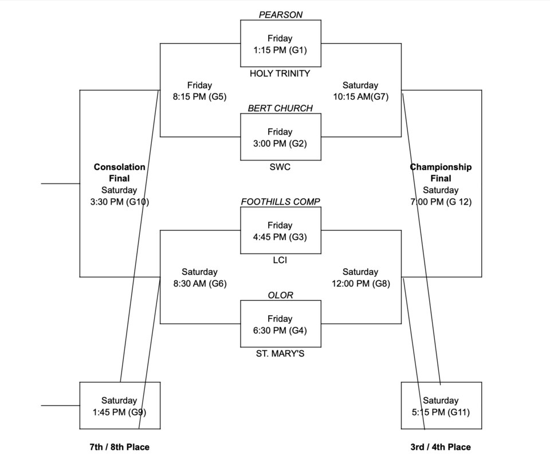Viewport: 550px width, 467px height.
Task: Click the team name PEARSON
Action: click(280, 15)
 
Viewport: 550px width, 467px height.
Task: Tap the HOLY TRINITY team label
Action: click(280, 73)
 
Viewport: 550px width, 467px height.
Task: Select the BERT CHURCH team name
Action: click(280, 108)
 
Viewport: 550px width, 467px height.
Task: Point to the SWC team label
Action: click(280, 167)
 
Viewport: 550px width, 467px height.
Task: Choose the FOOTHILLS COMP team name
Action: click(280, 202)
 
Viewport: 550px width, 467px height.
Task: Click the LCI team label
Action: click(280, 260)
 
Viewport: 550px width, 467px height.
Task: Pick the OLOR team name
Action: click(280, 295)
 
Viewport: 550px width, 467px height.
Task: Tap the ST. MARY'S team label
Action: click(280, 354)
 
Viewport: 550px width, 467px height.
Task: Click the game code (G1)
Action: click(298, 50)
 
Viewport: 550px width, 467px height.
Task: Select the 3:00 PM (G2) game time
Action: click(280, 143)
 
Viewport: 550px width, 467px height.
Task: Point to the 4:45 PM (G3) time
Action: click(280, 237)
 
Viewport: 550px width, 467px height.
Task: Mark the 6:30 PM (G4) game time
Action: click(280, 331)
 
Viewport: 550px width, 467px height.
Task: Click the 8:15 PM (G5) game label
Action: click(199, 97)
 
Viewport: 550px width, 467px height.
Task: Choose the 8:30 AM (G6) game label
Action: click(200, 284)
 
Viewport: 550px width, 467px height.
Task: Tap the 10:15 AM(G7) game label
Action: click(360, 97)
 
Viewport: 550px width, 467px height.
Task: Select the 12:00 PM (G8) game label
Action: click(361, 284)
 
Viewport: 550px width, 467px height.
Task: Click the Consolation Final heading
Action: click(119, 172)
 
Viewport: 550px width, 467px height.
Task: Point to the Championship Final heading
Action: click(441, 172)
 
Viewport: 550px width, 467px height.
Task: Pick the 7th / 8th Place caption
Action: click(120, 447)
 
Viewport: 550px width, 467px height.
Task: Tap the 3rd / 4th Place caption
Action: click(441, 447)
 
